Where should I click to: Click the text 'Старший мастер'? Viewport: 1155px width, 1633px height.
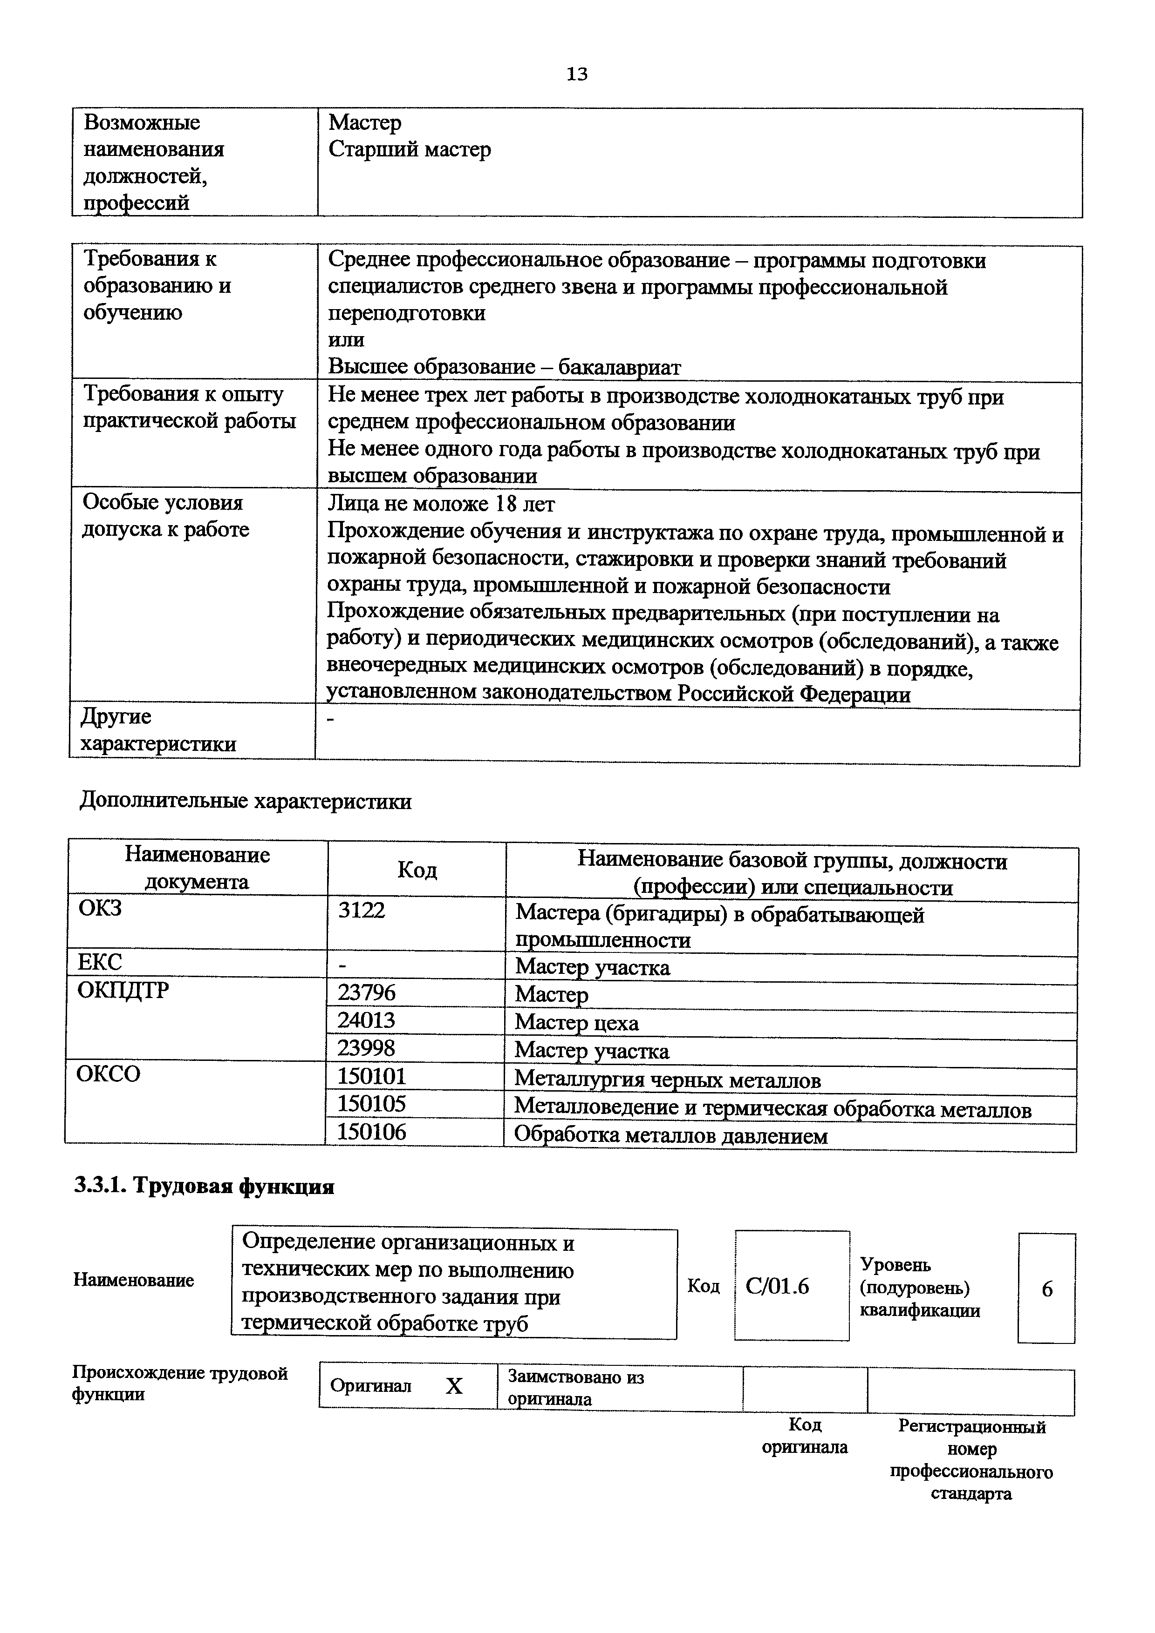pyautogui.click(x=410, y=150)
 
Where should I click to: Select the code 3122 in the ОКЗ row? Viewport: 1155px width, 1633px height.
pyautogui.click(x=362, y=911)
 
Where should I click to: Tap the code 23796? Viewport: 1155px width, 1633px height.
pyautogui.click(x=367, y=993)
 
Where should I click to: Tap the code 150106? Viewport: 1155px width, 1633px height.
pyautogui.click(x=371, y=1132)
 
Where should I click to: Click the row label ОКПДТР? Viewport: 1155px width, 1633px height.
pyautogui.click(x=123, y=991)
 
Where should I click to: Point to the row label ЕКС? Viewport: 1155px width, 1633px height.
pyautogui.click(x=100, y=962)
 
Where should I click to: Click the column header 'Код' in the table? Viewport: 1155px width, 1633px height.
pyautogui.click(x=417, y=870)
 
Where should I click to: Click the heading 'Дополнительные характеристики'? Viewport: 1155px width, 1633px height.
pyautogui.click(x=246, y=802)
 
